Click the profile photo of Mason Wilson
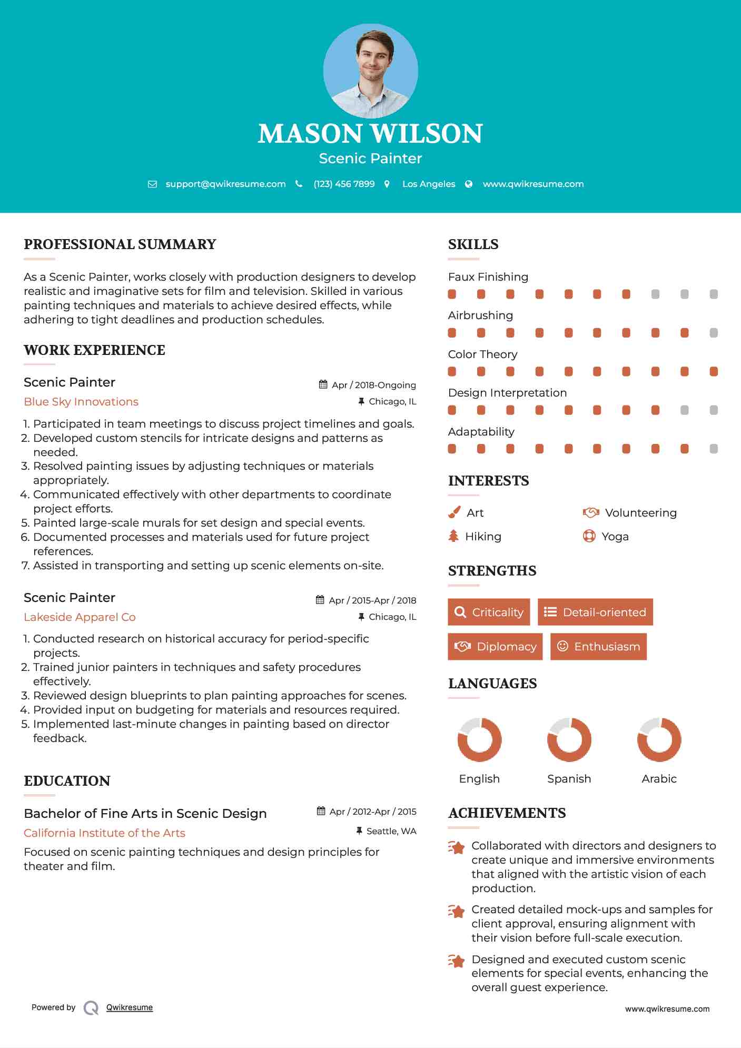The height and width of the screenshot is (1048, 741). click(x=370, y=71)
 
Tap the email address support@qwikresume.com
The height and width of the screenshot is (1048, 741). click(x=225, y=184)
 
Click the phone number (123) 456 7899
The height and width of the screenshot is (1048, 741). click(x=344, y=184)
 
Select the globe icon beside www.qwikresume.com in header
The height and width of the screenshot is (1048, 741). click(x=469, y=184)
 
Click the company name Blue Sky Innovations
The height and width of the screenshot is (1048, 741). click(x=81, y=402)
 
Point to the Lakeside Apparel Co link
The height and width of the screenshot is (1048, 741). click(x=80, y=617)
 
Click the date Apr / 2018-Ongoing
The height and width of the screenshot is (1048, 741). click(x=373, y=385)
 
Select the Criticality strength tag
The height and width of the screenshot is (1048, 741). click(x=489, y=612)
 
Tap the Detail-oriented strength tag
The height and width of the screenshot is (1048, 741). click(x=595, y=612)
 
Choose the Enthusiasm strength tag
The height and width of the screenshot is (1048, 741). click(x=598, y=646)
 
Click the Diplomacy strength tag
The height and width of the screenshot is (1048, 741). click(x=495, y=646)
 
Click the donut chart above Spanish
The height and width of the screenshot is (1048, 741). click(x=569, y=739)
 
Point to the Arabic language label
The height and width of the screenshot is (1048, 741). click(x=659, y=778)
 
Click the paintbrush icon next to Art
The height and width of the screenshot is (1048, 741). click(x=454, y=512)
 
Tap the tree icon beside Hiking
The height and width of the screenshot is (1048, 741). click(x=453, y=536)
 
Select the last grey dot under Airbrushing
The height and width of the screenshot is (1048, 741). click(x=714, y=333)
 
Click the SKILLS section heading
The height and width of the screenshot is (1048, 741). click(x=473, y=244)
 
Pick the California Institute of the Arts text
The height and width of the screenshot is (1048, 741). click(x=104, y=833)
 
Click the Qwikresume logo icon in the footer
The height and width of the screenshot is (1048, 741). click(x=91, y=1007)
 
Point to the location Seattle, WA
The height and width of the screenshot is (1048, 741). click(x=391, y=831)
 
